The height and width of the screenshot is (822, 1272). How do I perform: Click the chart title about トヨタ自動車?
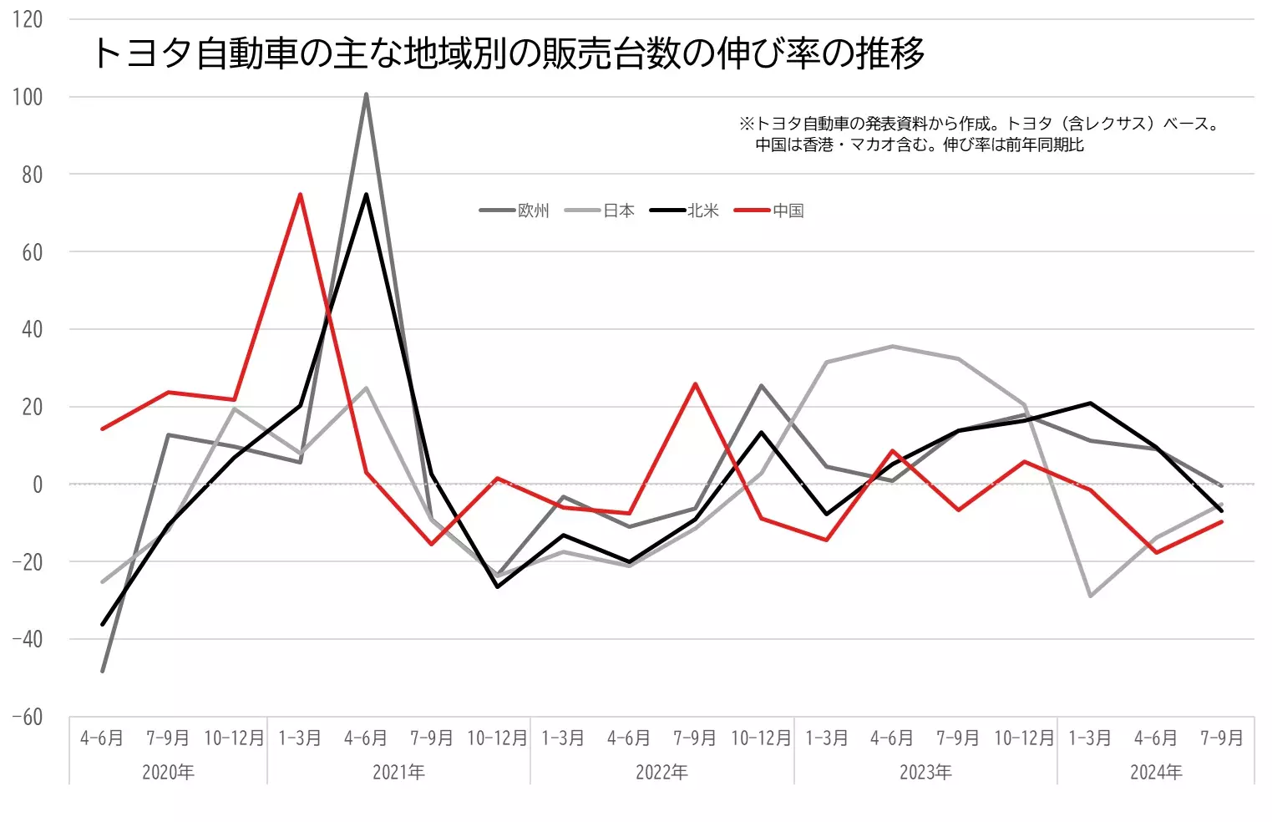(508, 53)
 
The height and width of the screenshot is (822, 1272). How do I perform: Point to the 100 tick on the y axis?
(28, 97)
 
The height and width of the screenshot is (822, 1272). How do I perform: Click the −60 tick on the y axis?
(28, 717)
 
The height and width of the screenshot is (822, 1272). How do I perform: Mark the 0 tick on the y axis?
(37, 485)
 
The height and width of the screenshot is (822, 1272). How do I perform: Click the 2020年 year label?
(168, 772)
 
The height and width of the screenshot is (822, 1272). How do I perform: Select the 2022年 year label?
(661, 772)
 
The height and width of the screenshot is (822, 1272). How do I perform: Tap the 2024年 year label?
(1156, 772)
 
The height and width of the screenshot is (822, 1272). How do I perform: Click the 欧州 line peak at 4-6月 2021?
(366, 94)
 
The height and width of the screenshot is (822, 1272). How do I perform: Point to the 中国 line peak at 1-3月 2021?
(300, 195)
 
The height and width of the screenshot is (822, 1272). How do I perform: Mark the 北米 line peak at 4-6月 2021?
(366, 195)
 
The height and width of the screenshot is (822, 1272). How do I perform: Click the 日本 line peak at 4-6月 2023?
(892, 346)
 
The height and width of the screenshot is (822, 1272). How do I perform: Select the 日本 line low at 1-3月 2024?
(1090, 596)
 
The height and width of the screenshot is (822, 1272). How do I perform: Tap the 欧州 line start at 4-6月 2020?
(103, 671)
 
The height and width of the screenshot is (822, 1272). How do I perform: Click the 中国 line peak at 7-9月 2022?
(695, 384)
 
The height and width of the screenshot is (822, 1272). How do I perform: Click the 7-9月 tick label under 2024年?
(1222, 738)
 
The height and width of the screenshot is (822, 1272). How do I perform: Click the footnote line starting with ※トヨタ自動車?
(979, 124)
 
